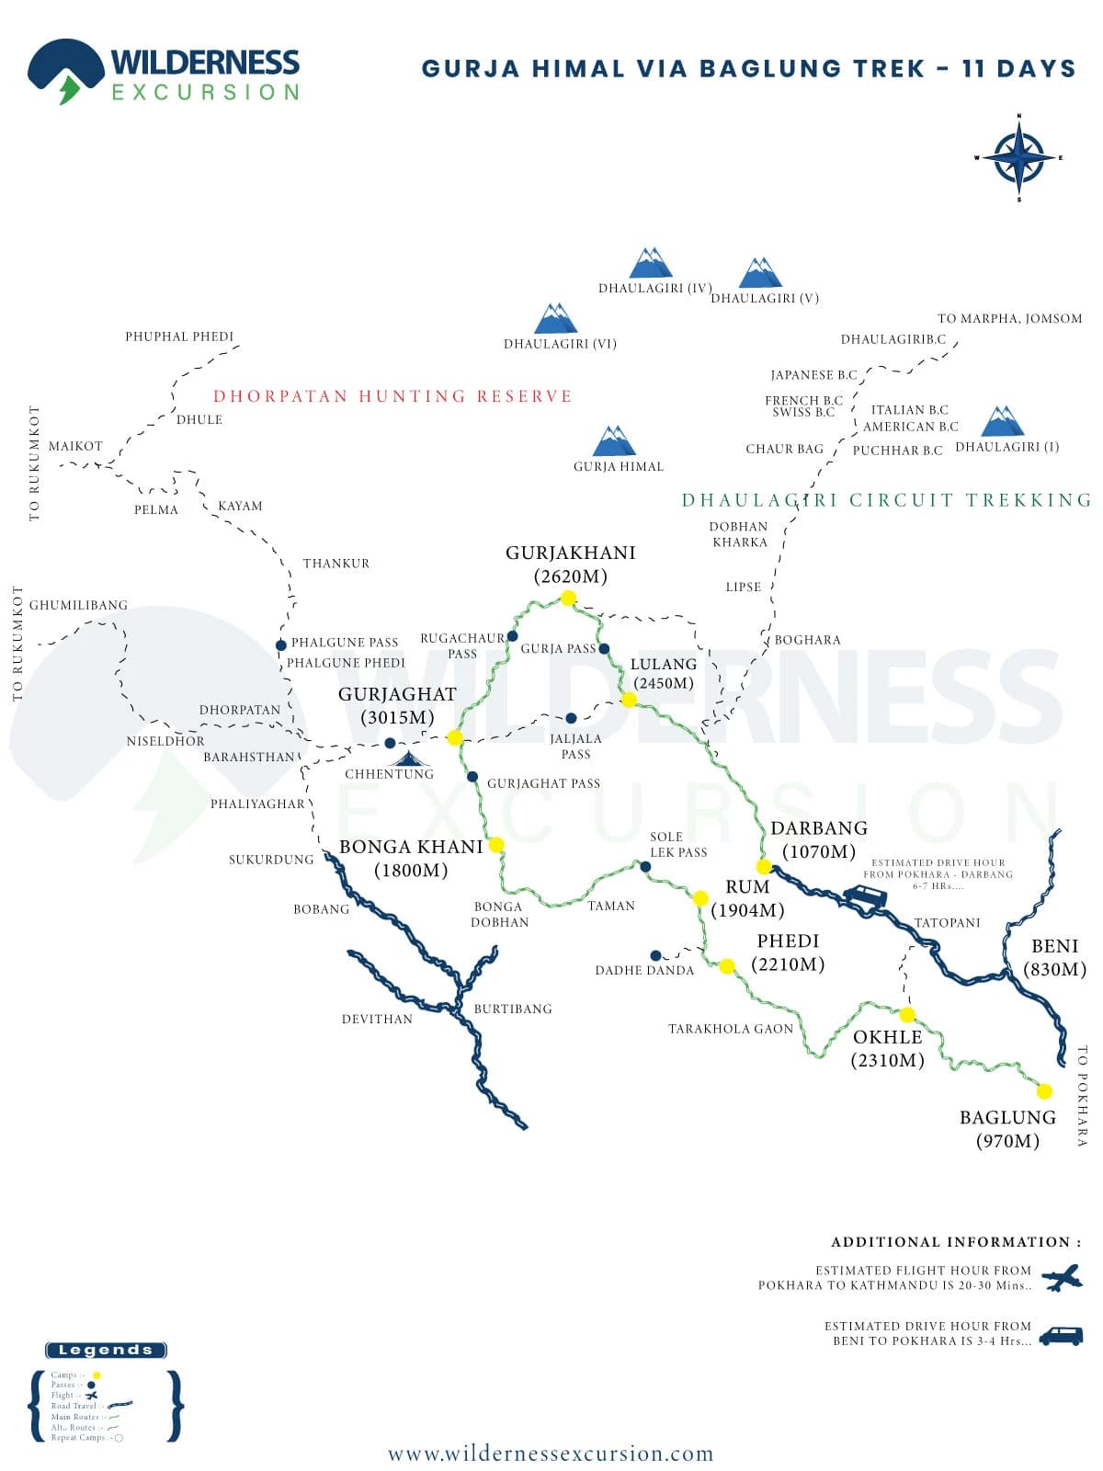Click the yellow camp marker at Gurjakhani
tap(568, 598)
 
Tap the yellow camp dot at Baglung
tap(1044, 1091)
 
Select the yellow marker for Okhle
tap(907, 1015)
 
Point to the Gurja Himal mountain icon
tap(614, 441)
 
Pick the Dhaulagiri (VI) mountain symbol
tap(556, 318)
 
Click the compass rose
tap(1018, 157)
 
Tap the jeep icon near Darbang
tap(865, 898)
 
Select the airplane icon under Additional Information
tap(1063, 1277)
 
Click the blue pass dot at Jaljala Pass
tap(571, 718)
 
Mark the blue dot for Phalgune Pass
tap(281, 645)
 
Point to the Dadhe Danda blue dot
tap(655, 956)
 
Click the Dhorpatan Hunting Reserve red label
tap(392, 396)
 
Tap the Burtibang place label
tap(513, 1009)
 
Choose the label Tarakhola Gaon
tap(731, 1029)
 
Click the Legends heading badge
tap(106, 1350)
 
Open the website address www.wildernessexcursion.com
tap(551, 1454)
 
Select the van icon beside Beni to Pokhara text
tap(1061, 1335)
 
